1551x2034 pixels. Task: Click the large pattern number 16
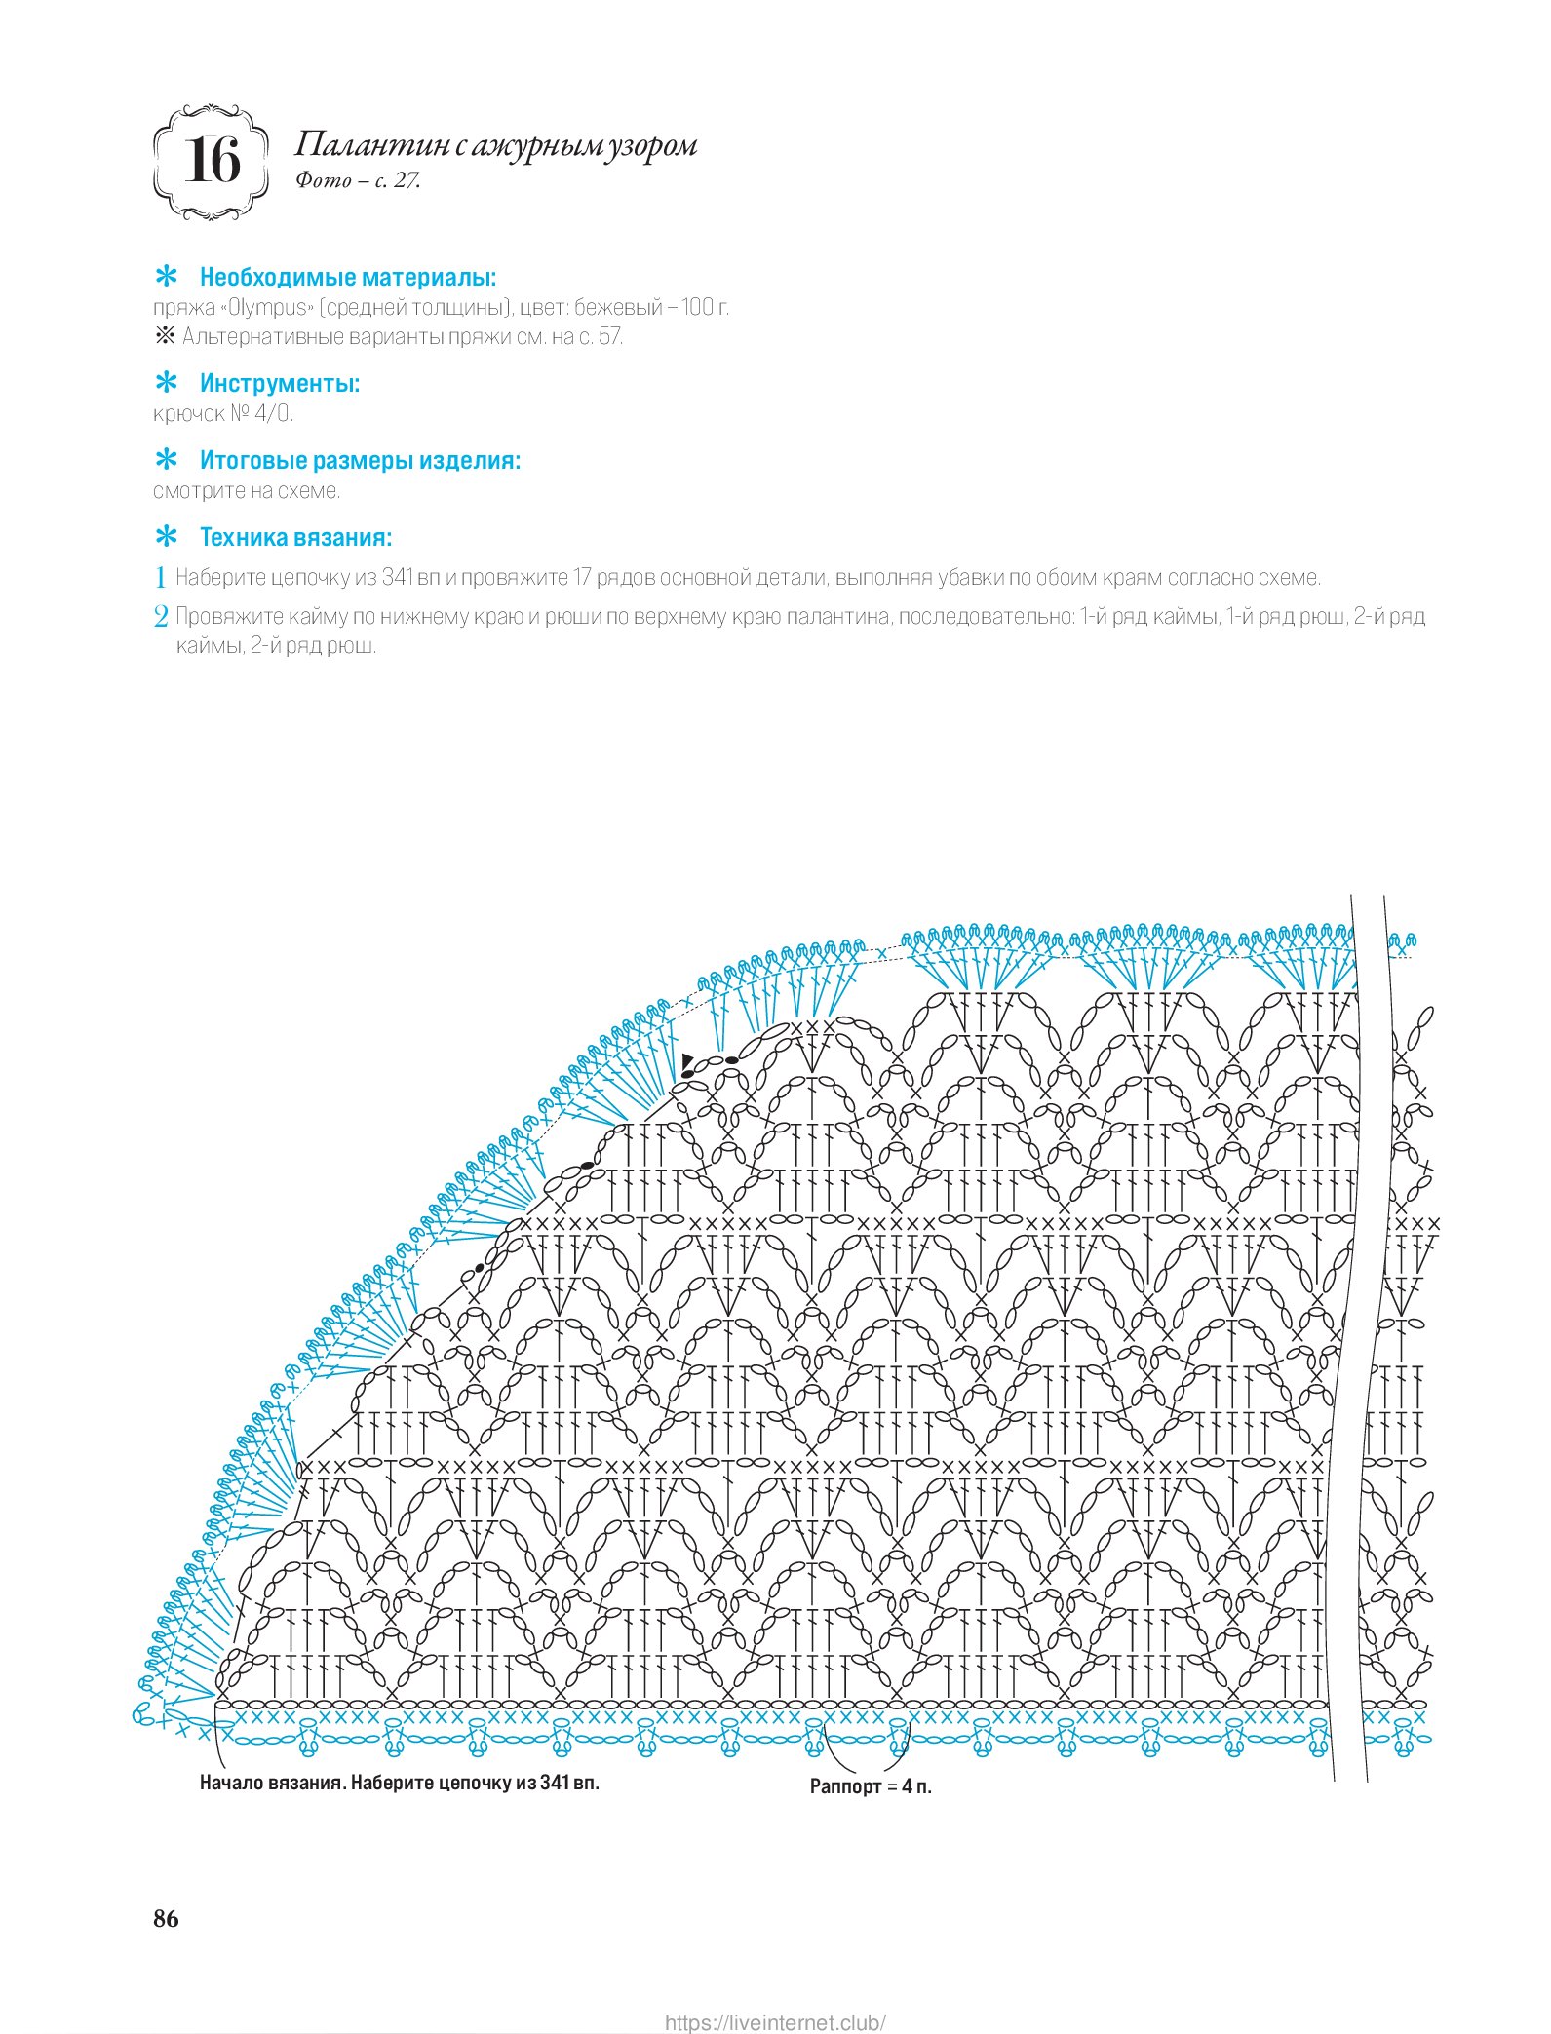tap(212, 161)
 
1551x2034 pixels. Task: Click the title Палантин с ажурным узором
tap(495, 145)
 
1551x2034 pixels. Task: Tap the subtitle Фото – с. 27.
tap(358, 180)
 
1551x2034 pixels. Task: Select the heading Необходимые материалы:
tap(348, 278)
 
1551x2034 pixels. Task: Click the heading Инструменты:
tap(280, 384)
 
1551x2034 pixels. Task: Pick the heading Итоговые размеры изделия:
tap(360, 461)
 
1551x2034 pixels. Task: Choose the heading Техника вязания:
tap(295, 538)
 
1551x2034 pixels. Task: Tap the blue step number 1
tap(161, 578)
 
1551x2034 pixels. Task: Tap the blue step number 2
tap(161, 617)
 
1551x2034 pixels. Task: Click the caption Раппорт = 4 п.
tap(871, 1786)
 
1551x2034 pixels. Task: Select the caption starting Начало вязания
tap(399, 1783)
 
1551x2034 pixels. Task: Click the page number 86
tap(166, 1918)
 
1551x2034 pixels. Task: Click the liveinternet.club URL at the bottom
tap(775, 2015)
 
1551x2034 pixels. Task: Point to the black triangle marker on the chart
tap(687, 1059)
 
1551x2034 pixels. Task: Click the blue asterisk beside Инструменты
tap(168, 382)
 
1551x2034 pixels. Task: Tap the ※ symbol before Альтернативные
tap(164, 337)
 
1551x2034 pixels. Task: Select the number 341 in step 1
tap(398, 578)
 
